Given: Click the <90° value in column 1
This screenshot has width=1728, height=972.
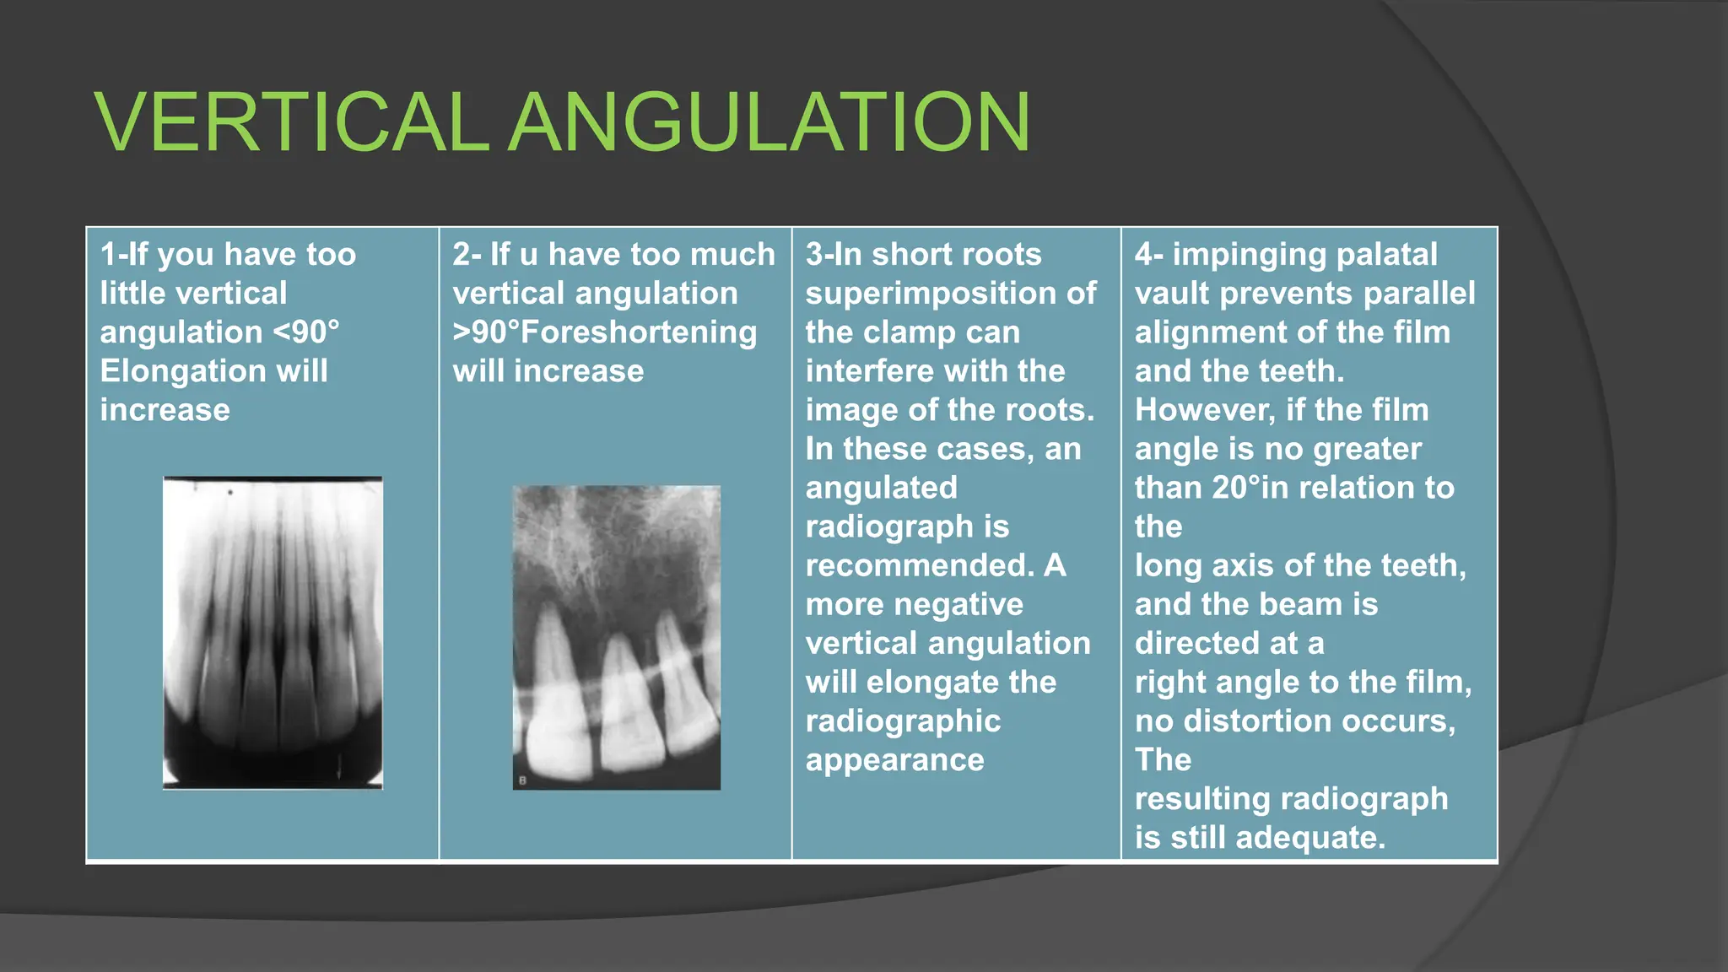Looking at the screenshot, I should point(306,332).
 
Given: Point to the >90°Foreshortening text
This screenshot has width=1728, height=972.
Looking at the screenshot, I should point(605,332).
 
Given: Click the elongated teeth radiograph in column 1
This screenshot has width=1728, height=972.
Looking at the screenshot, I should point(273,633).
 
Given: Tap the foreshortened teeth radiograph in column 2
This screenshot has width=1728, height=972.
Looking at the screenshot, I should point(617,637).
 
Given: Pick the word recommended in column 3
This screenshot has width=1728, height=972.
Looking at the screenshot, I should point(919,565).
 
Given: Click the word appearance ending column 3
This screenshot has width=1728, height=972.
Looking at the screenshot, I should point(894,760).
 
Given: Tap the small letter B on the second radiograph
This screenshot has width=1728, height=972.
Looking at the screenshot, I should point(522,781).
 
